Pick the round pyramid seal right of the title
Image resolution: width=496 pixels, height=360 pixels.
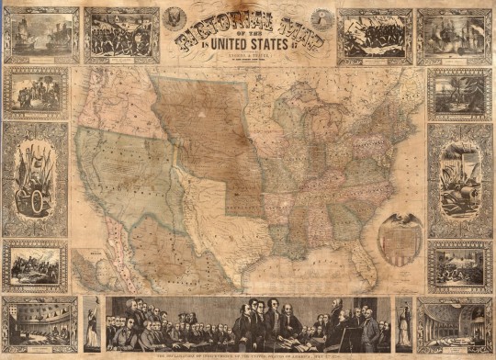[318, 16]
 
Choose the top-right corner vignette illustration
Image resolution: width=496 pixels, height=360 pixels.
[455, 34]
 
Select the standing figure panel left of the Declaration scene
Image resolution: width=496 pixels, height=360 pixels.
[93, 322]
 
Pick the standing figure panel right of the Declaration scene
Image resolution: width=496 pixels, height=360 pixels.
[403, 322]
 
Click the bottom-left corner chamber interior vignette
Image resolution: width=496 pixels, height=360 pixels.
[39, 322]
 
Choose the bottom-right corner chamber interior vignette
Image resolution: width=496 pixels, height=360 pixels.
[455, 322]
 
